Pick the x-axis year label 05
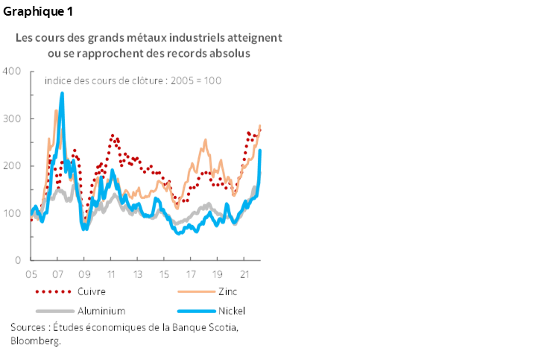(x=31, y=274)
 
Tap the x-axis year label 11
(x=111, y=274)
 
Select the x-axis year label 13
(x=138, y=274)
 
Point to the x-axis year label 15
(x=164, y=274)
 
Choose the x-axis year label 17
(x=191, y=274)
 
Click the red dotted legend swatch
(x=54, y=291)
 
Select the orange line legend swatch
(x=197, y=291)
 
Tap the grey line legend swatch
(x=54, y=310)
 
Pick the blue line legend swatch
(x=197, y=310)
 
